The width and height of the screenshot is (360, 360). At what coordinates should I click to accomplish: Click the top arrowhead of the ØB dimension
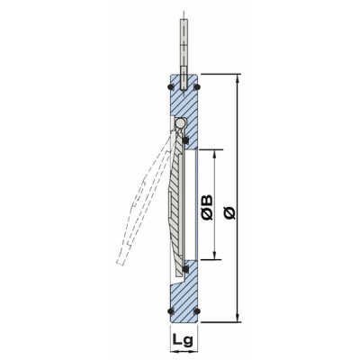tap(215, 151)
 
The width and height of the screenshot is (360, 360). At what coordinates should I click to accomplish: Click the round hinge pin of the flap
tap(180, 122)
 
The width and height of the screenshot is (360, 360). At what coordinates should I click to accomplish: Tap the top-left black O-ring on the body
tap(171, 86)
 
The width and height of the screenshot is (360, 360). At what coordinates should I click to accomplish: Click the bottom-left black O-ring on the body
tap(171, 312)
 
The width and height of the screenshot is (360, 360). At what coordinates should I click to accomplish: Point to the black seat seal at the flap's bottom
tap(184, 268)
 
